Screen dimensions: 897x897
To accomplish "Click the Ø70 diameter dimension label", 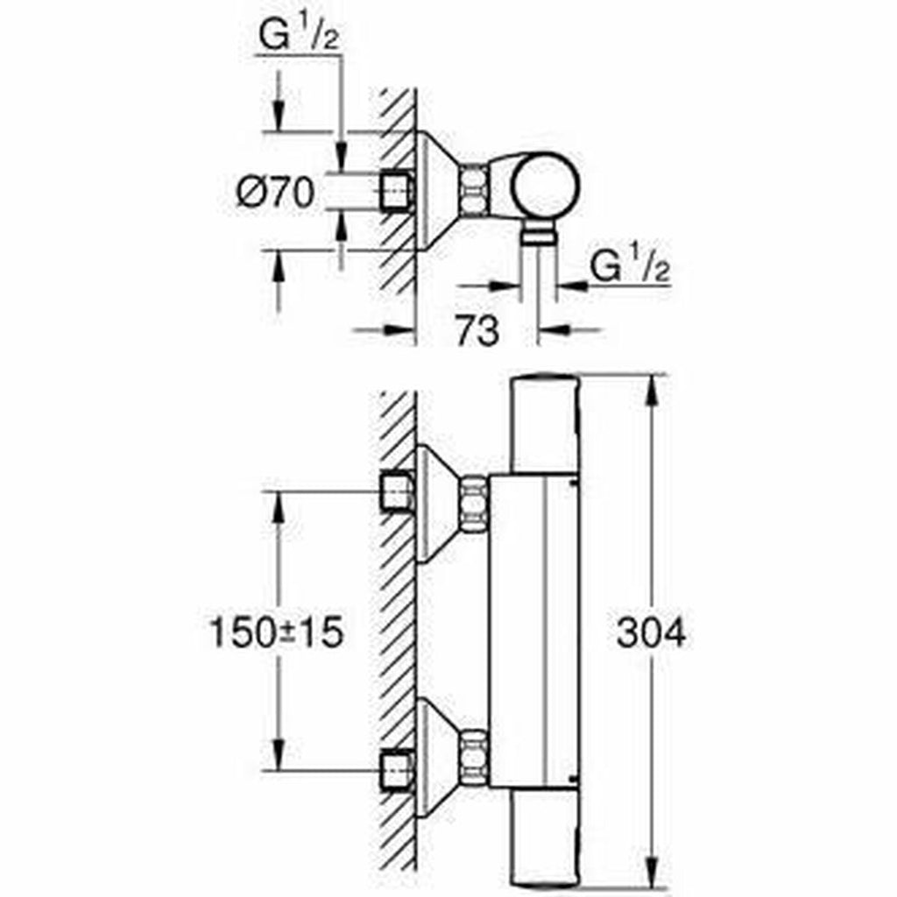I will (274, 193).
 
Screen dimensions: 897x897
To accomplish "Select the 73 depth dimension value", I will (477, 331).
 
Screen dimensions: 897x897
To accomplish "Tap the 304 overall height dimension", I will (651, 632).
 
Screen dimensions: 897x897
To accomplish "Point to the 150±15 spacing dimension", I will (273, 632).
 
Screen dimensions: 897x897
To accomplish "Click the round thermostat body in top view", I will (546, 187).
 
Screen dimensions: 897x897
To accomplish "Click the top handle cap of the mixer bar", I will (544, 412).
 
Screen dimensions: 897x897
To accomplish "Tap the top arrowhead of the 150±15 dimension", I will (279, 505).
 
